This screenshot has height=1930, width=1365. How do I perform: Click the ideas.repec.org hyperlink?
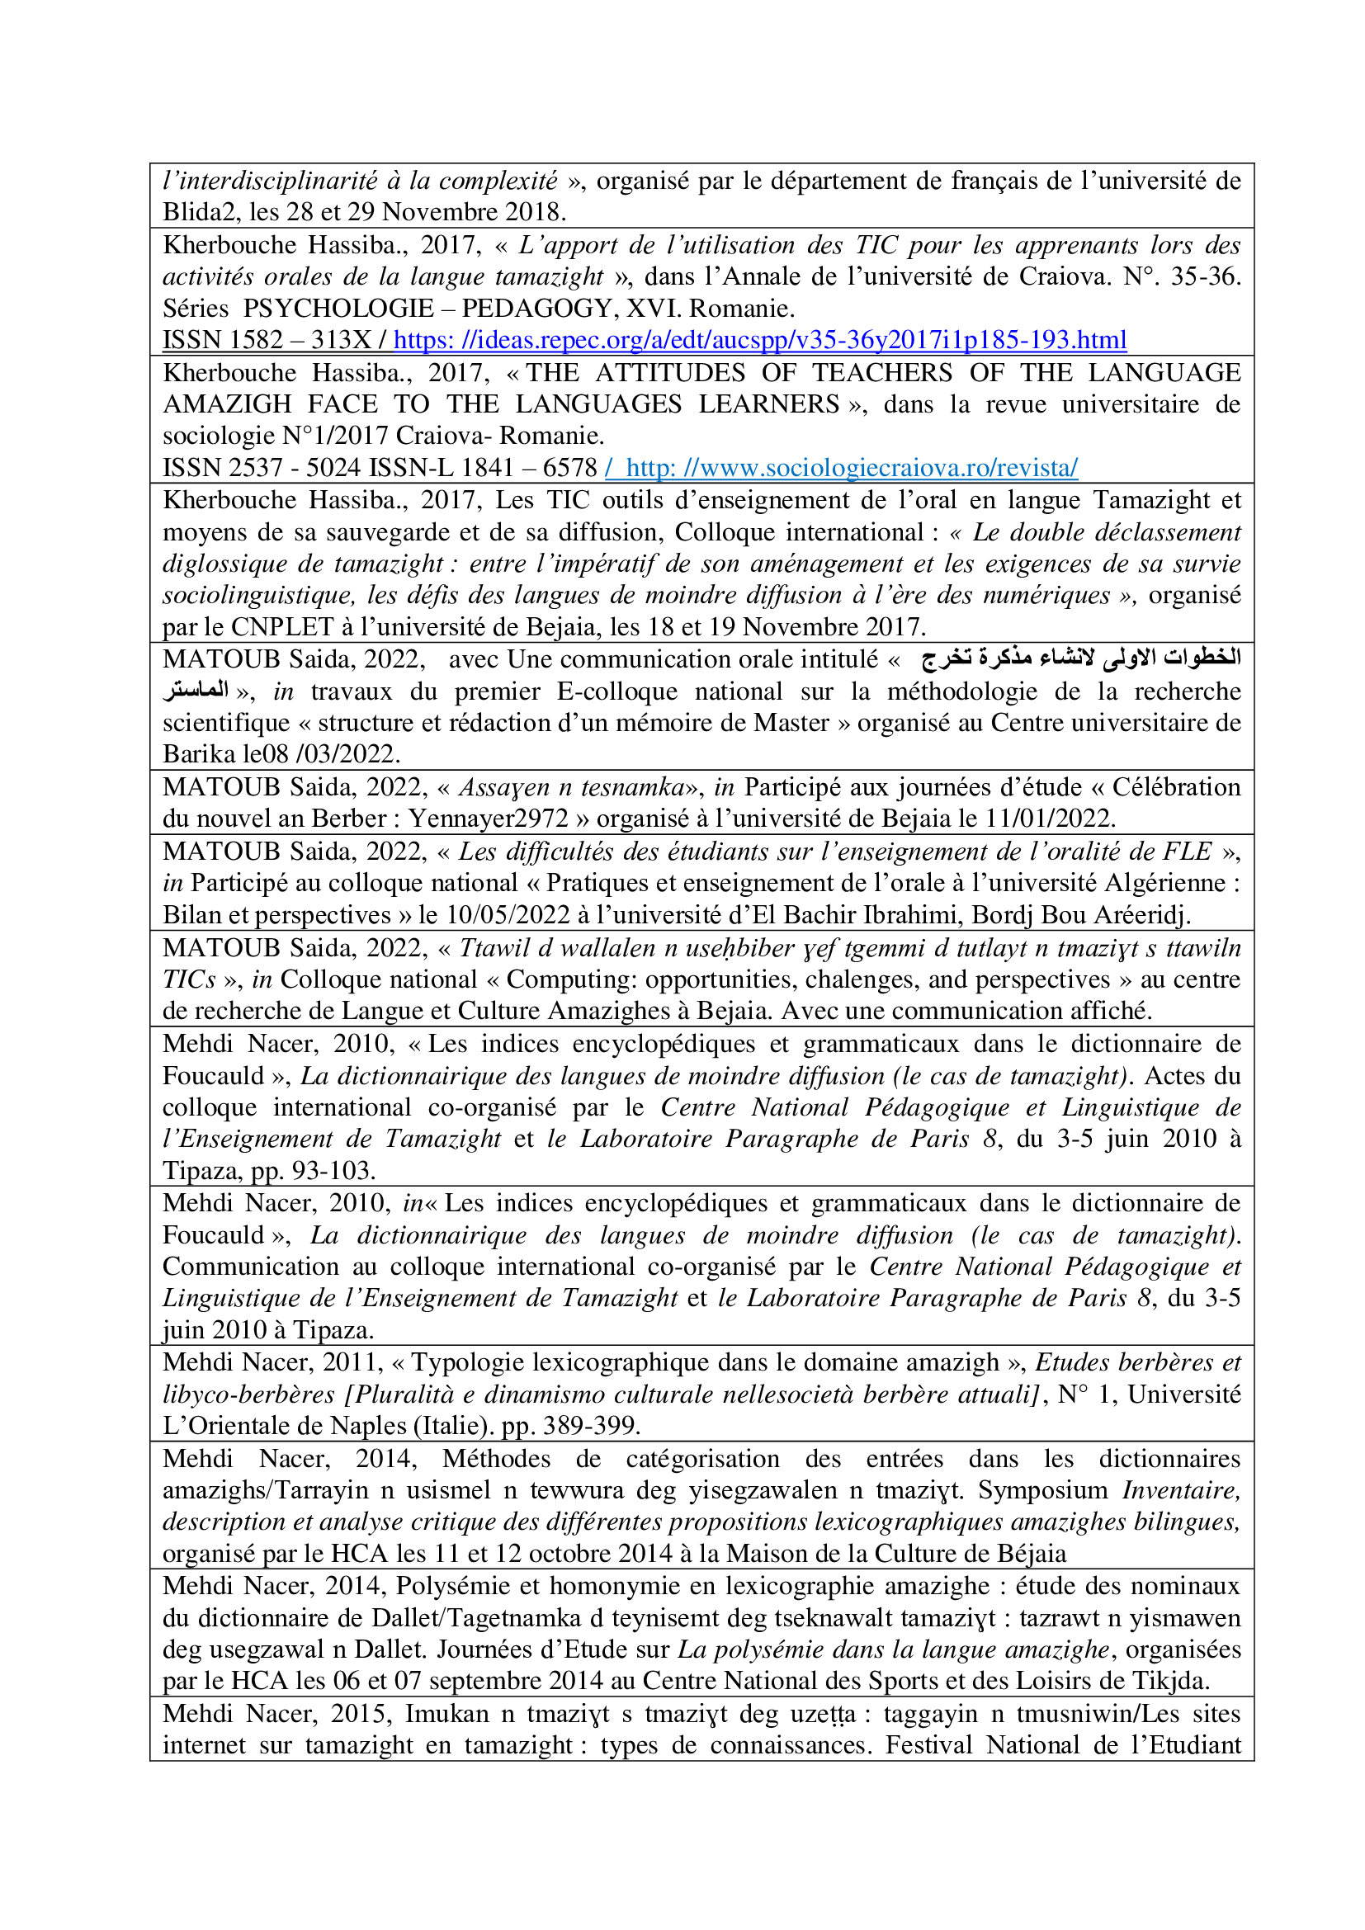[x=759, y=341]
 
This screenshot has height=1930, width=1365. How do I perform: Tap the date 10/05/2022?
[x=508, y=914]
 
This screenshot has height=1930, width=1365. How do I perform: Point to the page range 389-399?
[x=598, y=1426]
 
